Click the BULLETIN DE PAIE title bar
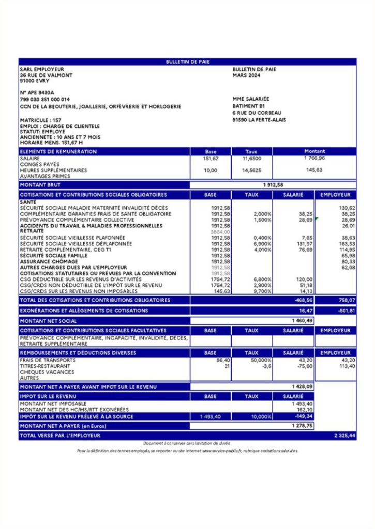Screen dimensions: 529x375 click(187, 62)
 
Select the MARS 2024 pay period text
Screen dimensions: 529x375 click(246, 75)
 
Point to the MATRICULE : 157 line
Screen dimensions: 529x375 click(39, 120)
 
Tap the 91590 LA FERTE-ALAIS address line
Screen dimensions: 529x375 click(259, 120)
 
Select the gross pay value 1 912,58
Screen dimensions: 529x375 click(273, 184)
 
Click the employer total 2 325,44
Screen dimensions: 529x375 click(342, 436)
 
